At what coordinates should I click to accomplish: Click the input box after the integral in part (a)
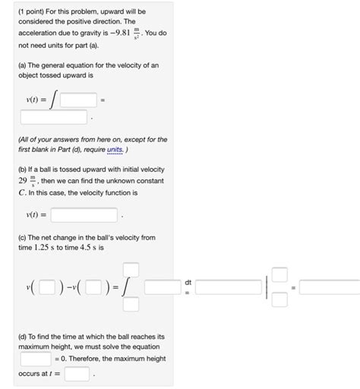(x=78, y=100)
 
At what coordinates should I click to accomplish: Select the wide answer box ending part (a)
(x=53, y=117)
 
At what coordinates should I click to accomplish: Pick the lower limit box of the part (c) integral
(x=131, y=305)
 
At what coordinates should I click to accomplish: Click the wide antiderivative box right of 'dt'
(x=228, y=286)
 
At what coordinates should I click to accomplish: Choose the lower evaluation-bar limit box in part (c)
(x=279, y=299)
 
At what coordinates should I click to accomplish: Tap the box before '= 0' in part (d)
(x=36, y=357)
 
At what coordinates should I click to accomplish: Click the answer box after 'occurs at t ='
(x=76, y=374)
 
